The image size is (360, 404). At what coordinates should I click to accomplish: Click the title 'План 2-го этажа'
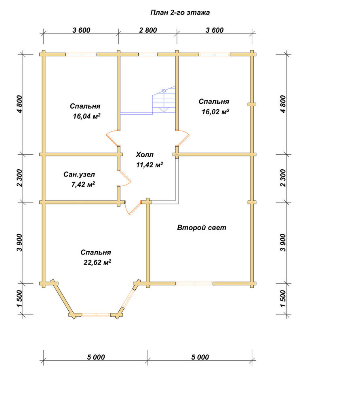click(x=180, y=13)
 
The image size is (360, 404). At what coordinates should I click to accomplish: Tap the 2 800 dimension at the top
click(x=148, y=30)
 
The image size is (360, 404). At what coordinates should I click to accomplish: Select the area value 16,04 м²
click(x=86, y=116)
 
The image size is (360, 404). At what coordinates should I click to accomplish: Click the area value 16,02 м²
click(x=215, y=112)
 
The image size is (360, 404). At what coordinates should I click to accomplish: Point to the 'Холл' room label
click(x=145, y=155)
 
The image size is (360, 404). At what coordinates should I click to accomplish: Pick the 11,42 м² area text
click(x=149, y=165)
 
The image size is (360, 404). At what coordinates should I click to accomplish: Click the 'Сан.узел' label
click(x=79, y=175)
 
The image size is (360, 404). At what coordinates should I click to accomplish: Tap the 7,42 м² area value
click(x=83, y=185)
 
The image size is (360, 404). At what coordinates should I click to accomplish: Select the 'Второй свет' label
click(x=202, y=228)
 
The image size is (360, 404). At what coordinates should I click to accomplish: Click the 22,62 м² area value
click(x=97, y=262)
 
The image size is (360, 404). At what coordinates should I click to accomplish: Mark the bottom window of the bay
click(x=96, y=315)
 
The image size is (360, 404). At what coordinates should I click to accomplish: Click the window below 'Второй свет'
click(x=194, y=284)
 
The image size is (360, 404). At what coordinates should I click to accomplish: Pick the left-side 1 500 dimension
click(x=20, y=299)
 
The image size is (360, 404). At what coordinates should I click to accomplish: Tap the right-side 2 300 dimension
click(x=283, y=178)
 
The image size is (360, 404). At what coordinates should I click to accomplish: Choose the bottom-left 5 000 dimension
click(x=96, y=357)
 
